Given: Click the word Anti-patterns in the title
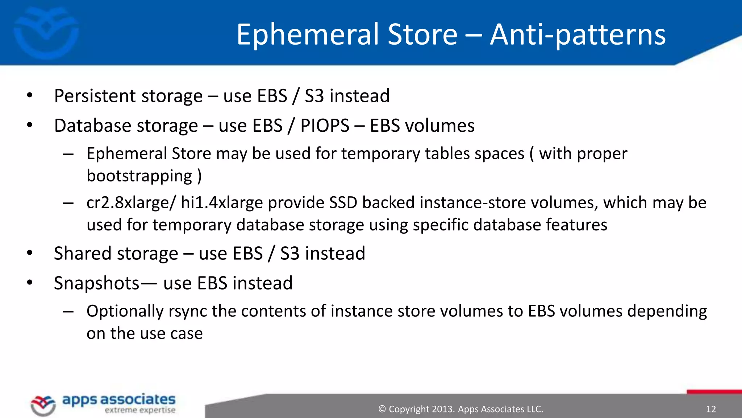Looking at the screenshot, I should (578, 34).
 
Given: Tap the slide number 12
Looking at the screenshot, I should (711, 409).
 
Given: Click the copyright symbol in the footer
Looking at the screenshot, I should (382, 409).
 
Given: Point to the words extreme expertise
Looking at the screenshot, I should (140, 410).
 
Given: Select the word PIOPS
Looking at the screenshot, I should (325, 126).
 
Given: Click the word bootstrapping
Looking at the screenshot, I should (139, 176).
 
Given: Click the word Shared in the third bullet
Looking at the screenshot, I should (82, 254).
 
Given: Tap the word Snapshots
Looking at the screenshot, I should (96, 283).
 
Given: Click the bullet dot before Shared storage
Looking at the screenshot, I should (30, 253).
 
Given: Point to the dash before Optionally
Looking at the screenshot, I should (68, 312).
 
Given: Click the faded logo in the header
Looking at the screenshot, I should (46, 33).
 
